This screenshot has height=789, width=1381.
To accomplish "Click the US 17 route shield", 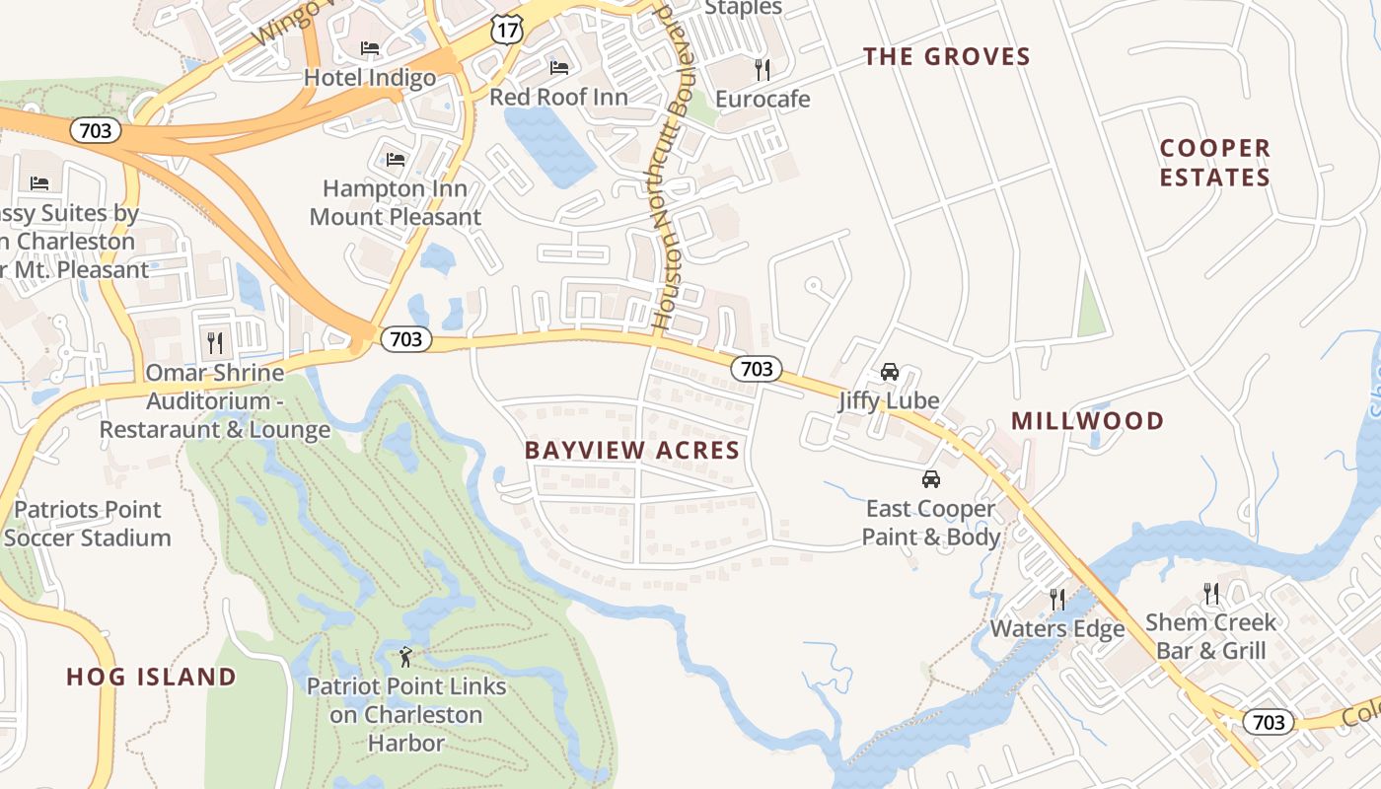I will [x=506, y=30].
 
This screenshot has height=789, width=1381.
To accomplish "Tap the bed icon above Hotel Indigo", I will [x=370, y=47].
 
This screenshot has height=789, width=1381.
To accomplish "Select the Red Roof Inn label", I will [x=558, y=97].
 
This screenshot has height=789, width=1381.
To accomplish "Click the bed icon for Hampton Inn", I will [x=396, y=159].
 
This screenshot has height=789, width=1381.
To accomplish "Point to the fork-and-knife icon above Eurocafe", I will [x=762, y=69].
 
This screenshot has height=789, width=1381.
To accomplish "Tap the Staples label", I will [x=744, y=8].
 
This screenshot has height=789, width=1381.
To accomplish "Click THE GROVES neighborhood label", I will [x=946, y=56].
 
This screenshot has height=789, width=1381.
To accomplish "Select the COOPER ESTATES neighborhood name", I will [x=1214, y=163].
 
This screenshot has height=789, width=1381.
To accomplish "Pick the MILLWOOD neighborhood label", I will [x=1087, y=421].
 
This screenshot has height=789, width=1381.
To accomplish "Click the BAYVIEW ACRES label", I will [x=631, y=451].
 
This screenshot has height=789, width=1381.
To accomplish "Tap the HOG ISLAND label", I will [x=151, y=677].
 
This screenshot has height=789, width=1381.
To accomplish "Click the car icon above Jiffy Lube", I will [x=889, y=372].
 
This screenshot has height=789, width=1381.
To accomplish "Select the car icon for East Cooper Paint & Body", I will [x=930, y=479].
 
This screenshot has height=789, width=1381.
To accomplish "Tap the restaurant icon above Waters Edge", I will [x=1056, y=599].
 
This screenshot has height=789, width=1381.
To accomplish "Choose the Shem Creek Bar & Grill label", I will [x=1209, y=636].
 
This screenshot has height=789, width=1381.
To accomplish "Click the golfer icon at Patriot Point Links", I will [x=405, y=656].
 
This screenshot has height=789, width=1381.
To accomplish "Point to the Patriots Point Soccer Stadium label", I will [x=87, y=524].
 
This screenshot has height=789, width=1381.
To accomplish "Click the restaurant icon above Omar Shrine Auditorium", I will [x=214, y=342].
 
